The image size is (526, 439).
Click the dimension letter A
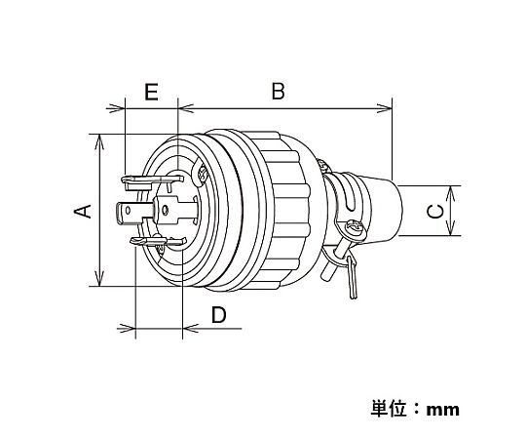(x=83, y=211)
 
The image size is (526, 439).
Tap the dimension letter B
(x=278, y=91)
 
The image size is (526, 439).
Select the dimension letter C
(x=435, y=212)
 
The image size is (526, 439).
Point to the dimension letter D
(x=219, y=315)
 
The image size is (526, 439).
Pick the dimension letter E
(x=151, y=92)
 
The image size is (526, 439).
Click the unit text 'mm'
(x=443, y=410)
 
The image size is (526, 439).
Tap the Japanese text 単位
(x=389, y=408)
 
